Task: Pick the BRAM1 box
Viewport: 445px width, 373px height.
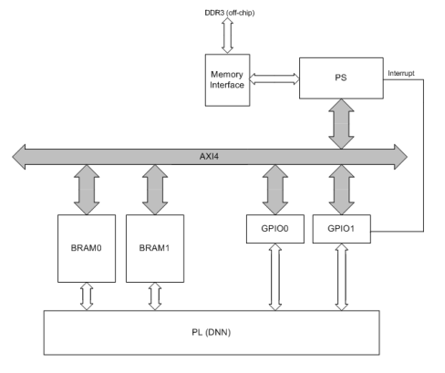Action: pyautogui.click(x=154, y=246)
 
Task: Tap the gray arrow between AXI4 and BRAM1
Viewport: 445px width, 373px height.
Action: pyautogui.click(x=154, y=190)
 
